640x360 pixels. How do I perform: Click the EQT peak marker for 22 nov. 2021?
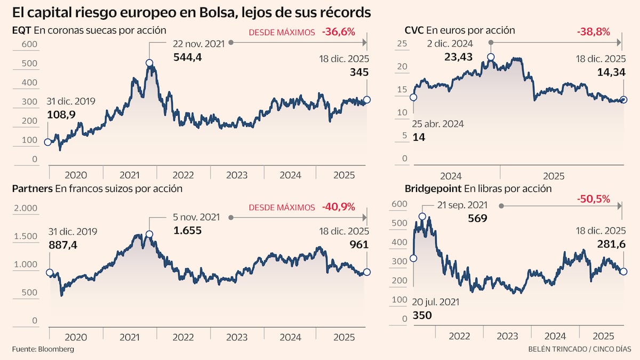pyautogui.click(x=149, y=63)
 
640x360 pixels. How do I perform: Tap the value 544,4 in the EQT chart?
pyautogui.click(x=187, y=57)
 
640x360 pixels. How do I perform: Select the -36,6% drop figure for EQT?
pyautogui.click(x=338, y=32)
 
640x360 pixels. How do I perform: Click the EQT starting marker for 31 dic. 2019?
pyautogui.click(x=47, y=142)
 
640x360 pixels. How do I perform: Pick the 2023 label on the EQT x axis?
pyautogui.click(x=236, y=175)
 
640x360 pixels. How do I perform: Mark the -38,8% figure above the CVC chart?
pyautogui.click(x=593, y=32)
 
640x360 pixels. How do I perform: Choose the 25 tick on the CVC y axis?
pyautogui.click(x=403, y=44)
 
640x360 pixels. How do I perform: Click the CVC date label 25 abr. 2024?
pyautogui.click(x=438, y=124)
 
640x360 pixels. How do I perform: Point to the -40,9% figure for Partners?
pyautogui.click(x=338, y=207)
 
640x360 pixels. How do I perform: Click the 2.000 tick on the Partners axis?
pyautogui.click(x=25, y=208)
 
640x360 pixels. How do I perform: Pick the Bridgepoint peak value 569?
pyautogui.click(x=477, y=218)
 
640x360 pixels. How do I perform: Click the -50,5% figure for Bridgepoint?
pyautogui.click(x=593, y=199)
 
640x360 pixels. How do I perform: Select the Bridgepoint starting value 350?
pyautogui.click(x=422, y=315)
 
